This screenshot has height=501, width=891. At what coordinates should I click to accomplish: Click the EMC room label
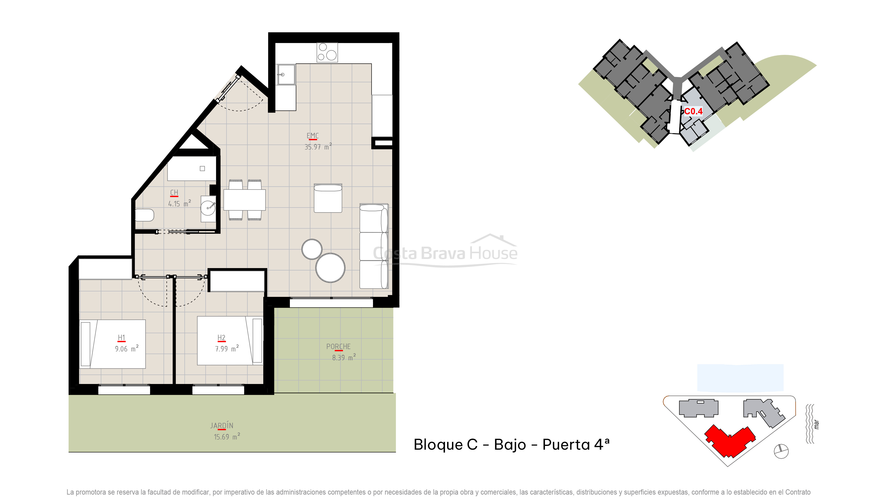coord(312,136)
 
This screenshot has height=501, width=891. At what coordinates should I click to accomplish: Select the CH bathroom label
coord(174,193)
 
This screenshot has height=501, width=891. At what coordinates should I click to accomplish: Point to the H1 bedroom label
coord(121,338)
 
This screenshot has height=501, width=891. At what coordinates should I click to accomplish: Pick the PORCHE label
coord(338,346)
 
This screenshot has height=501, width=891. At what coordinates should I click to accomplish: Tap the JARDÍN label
coord(222,426)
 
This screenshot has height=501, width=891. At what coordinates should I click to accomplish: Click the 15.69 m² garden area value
coord(227,437)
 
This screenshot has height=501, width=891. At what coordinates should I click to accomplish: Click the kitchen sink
coord(285,74)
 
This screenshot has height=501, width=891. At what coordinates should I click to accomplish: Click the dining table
coord(244,200)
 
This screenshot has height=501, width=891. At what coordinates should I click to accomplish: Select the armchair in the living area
coord(328,198)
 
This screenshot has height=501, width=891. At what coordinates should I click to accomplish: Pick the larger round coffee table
coord(330,268)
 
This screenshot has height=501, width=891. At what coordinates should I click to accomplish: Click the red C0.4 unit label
coord(693,111)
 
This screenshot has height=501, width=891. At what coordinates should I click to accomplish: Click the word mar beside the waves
coord(816,424)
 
